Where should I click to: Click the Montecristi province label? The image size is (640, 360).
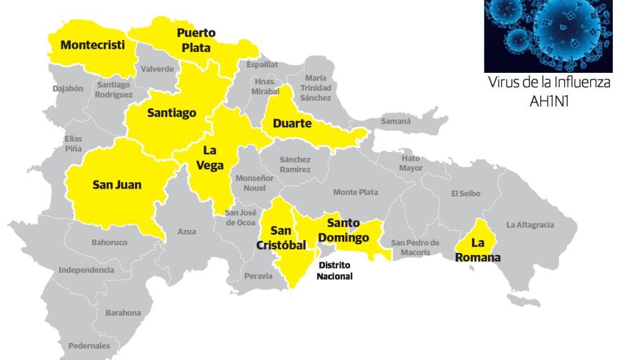tap(93, 45)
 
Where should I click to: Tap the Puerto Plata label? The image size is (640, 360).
tap(196, 40)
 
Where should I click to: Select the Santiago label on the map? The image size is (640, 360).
tap(171, 112)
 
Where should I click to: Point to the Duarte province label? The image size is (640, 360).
tap(292, 124)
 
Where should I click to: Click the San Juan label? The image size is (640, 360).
tap(117, 184)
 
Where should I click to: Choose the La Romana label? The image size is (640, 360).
tap(478, 251)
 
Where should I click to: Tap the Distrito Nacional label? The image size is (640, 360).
tap(335, 270)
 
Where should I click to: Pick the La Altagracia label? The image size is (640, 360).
tap(530, 225)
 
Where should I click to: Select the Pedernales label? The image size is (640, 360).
tap(89, 346)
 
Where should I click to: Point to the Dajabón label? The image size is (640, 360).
tap(69, 89)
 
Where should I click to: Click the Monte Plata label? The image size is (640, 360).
tap(356, 192)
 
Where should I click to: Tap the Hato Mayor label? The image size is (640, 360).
tap(411, 164)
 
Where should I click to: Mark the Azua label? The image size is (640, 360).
tap(186, 231)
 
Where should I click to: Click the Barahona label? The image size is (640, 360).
tap(123, 313)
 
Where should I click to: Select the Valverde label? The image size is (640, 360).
tap(157, 69)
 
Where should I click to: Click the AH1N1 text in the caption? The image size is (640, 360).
tap(549, 101)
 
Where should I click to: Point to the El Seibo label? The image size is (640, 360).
tap(466, 194)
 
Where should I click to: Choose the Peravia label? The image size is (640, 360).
tap(258, 275)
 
